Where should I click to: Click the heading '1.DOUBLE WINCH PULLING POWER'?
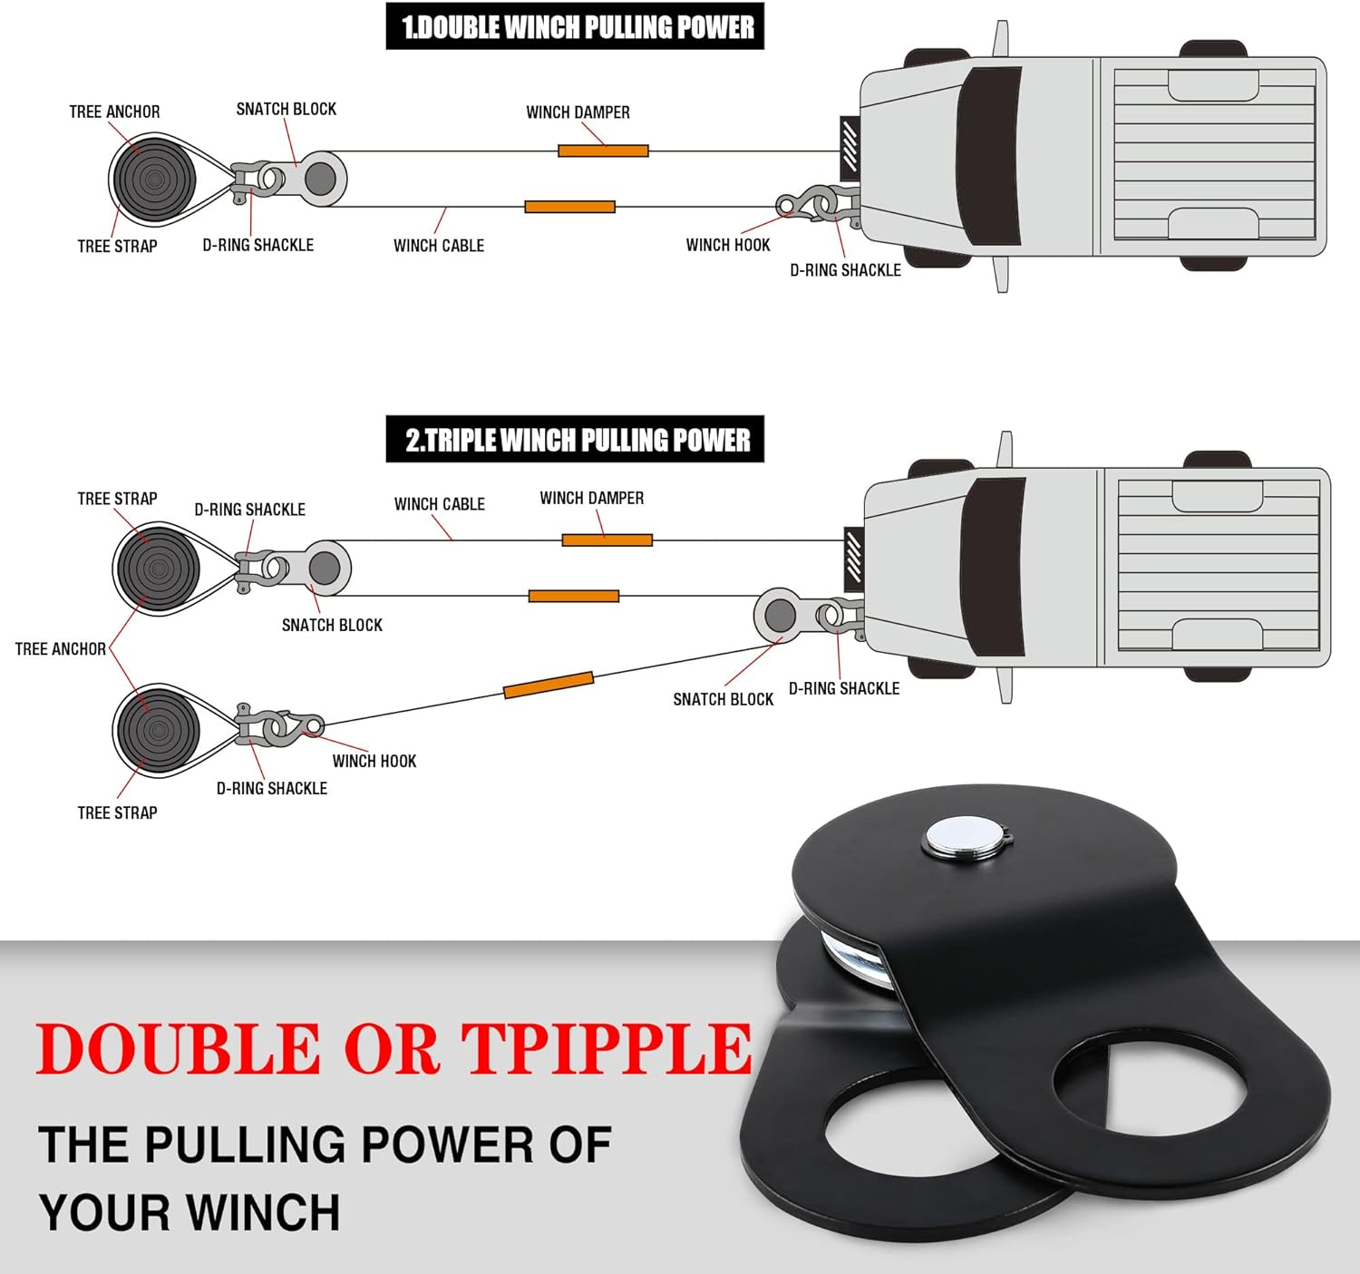[x=575, y=26]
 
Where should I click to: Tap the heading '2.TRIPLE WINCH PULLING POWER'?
[x=575, y=440]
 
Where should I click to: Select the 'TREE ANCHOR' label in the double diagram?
[x=114, y=112]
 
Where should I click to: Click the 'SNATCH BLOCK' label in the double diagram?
[x=286, y=109]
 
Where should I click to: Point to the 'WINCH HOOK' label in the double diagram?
[x=727, y=245]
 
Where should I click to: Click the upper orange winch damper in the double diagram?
[x=603, y=151]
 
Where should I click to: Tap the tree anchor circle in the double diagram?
[x=151, y=179]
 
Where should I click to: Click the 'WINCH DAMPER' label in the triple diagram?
[x=591, y=498]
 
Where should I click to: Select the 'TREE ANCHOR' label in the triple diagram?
[x=60, y=649]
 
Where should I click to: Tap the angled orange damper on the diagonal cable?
[x=549, y=685]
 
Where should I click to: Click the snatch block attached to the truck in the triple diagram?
[x=780, y=616]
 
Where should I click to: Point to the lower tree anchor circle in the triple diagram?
[x=158, y=729]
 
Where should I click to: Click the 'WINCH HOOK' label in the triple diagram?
[x=374, y=761]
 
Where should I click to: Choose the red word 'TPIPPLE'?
[x=607, y=1049]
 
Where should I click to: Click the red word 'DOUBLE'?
[x=178, y=1049]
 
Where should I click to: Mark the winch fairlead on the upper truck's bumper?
[x=850, y=144]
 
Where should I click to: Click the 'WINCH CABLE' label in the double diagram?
[x=439, y=246]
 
